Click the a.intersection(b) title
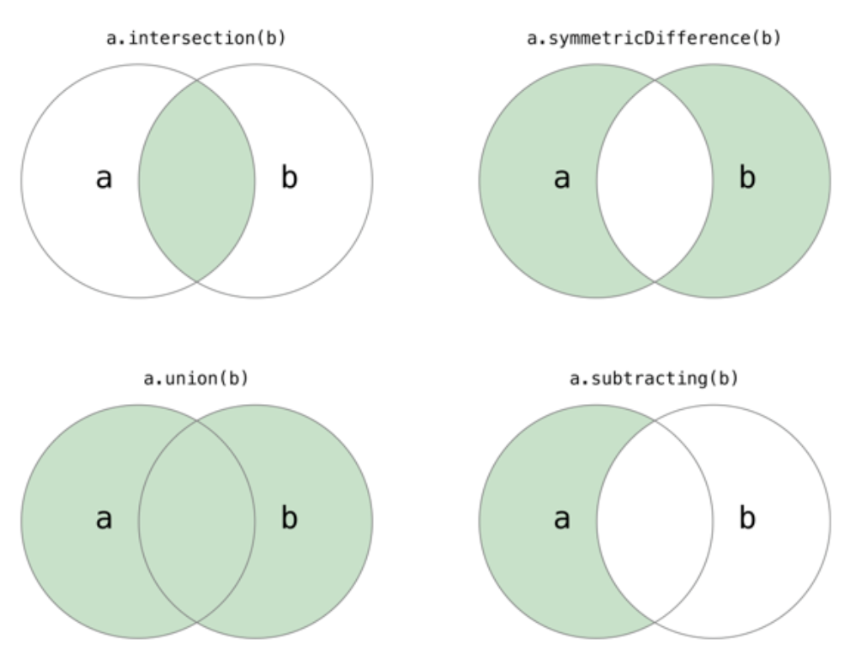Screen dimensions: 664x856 click(196, 40)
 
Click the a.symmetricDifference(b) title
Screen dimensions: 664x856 click(654, 40)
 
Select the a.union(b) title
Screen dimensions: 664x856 click(196, 378)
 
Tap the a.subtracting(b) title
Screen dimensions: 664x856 click(654, 378)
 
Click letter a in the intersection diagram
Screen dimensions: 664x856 click(103, 180)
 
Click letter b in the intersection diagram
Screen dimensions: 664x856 click(289, 180)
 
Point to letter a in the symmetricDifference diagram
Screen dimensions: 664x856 click(561, 180)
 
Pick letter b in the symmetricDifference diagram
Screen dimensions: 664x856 click(747, 180)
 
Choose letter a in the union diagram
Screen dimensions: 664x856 click(103, 520)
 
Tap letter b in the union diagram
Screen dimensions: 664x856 click(289, 520)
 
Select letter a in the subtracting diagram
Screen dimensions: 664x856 click(561, 520)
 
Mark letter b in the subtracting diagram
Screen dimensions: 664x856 click(747, 520)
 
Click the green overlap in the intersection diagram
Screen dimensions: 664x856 click(196, 181)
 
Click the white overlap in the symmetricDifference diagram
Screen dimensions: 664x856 click(654, 181)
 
